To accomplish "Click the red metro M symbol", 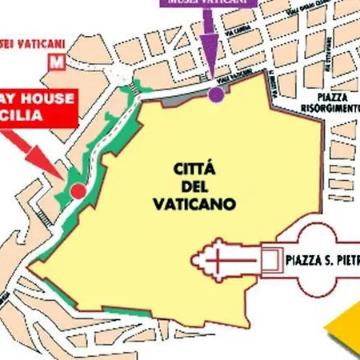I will [x=56, y=61].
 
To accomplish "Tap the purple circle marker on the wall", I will [x=215, y=95].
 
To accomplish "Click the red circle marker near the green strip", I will [x=77, y=191].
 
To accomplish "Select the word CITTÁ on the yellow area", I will [x=194, y=170].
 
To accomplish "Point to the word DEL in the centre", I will [x=194, y=186].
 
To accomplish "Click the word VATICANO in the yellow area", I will [x=194, y=204].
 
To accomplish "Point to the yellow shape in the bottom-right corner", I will [x=343, y=329].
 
